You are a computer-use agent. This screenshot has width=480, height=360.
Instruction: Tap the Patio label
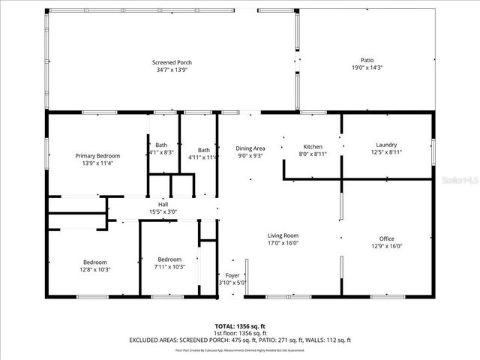[367, 60]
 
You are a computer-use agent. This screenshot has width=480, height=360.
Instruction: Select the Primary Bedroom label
[97, 155]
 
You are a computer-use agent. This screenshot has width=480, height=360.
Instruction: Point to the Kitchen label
[312, 145]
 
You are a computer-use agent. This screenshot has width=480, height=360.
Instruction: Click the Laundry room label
[386, 145]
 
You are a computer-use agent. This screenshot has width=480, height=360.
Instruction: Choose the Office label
[386, 238]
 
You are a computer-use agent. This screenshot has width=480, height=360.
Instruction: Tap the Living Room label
[283, 235]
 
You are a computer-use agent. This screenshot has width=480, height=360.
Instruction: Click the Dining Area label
[250, 148]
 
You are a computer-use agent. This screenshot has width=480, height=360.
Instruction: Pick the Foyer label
[232, 275]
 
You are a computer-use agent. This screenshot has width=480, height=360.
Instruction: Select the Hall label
[163, 204]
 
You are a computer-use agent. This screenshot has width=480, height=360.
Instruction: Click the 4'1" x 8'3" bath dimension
[161, 152]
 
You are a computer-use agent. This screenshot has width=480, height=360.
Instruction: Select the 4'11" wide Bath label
[204, 149]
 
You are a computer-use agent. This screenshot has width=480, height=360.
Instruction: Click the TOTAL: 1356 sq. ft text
[240, 326]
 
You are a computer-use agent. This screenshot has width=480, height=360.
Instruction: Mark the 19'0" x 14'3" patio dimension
[367, 67]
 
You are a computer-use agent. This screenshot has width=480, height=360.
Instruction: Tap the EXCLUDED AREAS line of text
[240, 340]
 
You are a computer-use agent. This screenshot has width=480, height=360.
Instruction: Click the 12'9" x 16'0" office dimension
[386, 246]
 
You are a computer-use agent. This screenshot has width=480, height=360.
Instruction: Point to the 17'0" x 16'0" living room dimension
[283, 243]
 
